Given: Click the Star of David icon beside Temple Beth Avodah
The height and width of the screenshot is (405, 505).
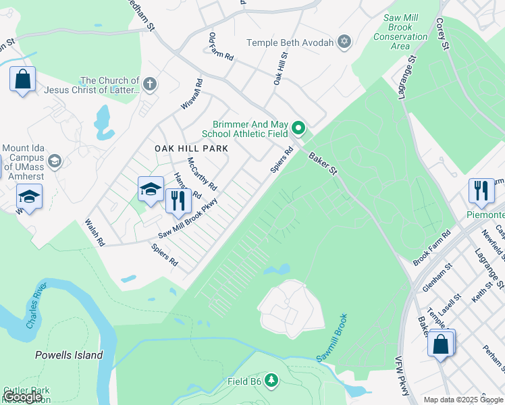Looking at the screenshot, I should [345, 43].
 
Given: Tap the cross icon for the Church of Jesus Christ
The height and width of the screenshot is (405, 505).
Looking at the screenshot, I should [150, 85].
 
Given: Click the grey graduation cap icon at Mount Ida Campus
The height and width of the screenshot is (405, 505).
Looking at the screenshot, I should [55, 161].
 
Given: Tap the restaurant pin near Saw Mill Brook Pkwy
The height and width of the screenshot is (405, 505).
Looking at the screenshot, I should [178, 200].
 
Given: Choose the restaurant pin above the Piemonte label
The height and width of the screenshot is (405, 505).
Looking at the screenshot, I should [481, 190].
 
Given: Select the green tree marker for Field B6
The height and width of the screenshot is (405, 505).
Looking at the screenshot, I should [271, 381].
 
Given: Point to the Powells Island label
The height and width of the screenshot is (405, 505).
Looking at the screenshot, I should [69, 355].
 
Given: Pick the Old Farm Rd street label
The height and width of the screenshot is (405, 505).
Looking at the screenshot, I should [221, 47].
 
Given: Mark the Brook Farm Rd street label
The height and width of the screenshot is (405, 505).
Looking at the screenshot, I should [432, 248].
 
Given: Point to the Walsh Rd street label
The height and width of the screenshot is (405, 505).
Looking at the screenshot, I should [95, 232].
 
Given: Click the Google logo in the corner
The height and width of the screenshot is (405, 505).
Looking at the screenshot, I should [23, 397].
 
